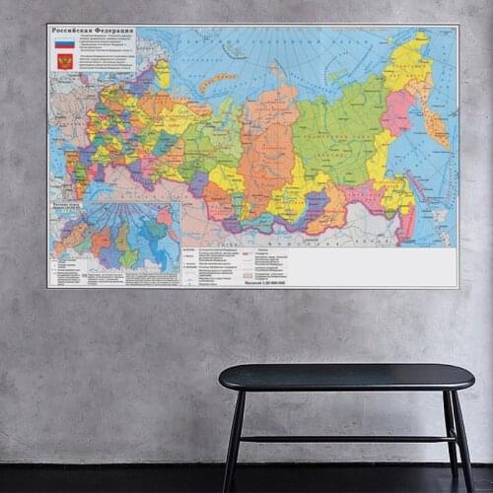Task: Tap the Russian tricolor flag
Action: (x=64, y=43)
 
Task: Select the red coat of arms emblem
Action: (x=64, y=61)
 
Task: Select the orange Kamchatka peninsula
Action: (x=435, y=123)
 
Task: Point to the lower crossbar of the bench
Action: (x=345, y=438)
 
